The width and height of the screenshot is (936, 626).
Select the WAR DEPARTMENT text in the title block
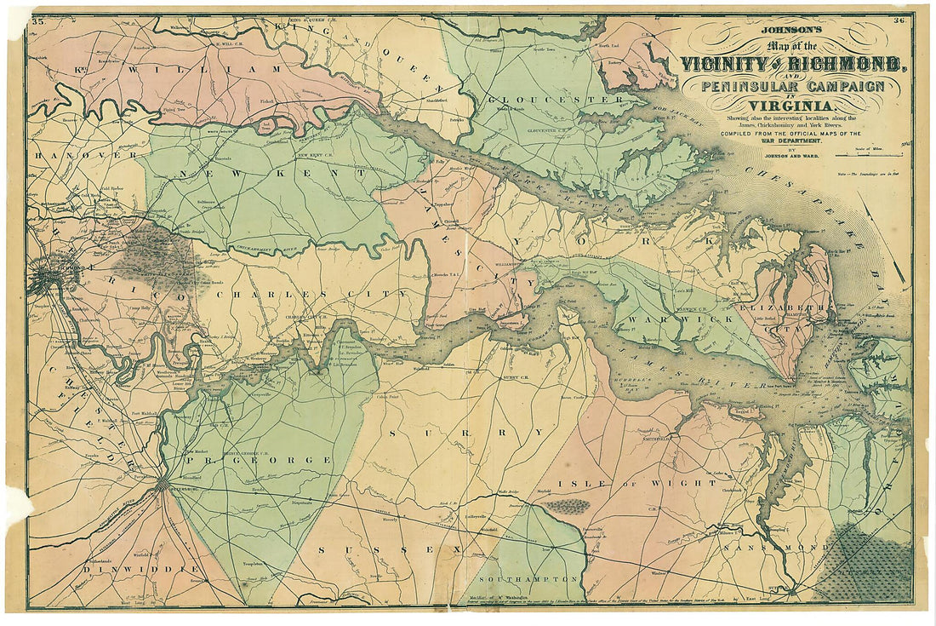791,141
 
